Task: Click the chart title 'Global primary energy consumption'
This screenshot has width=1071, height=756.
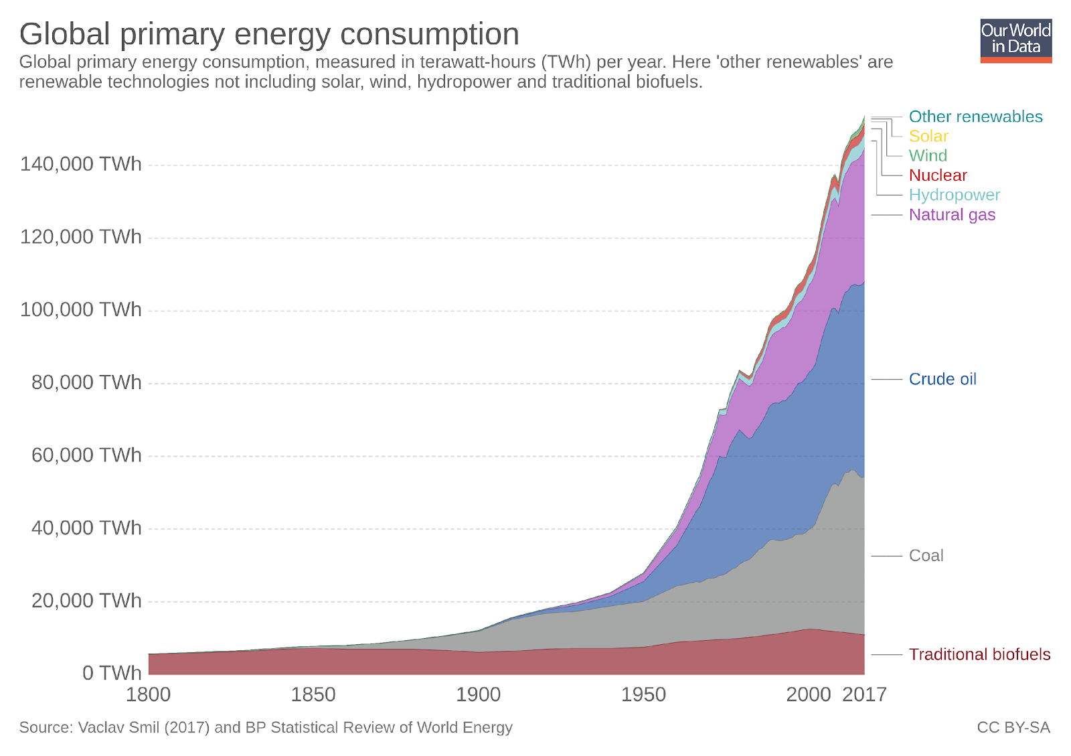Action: [x=269, y=34]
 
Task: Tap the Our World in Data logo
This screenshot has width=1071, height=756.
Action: [x=1015, y=41]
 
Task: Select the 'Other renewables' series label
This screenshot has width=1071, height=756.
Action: [x=975, y=117]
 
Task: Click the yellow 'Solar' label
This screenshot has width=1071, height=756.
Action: [x=928, y=136]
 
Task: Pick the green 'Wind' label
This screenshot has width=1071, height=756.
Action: [x=928, y=155]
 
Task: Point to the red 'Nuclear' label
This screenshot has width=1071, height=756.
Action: [x=938, y=175]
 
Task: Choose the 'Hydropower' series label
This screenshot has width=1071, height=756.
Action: [x=954, y=195]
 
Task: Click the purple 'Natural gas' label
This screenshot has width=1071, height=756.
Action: [x=952, y=215]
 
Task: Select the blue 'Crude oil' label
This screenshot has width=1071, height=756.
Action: [x=942, y=379]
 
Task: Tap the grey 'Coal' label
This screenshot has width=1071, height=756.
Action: [x=926, y=556]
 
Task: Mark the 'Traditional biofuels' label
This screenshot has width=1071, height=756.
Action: [x=979, y=654]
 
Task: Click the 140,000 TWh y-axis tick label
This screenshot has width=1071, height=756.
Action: [x=81, y=164]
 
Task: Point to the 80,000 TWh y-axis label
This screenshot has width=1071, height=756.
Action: [x=86, y=382]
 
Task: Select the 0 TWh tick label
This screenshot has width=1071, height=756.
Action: [x=112, y=672]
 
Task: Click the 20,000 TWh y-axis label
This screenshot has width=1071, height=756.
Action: [x=86, y=601]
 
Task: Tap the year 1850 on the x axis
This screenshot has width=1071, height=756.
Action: [x=313, y=695]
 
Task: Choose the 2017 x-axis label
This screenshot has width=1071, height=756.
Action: [x=864, y=695]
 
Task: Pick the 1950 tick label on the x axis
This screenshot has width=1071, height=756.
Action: [x=643, y=695]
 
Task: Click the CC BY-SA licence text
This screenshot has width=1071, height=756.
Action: [x=1013, y=728]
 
